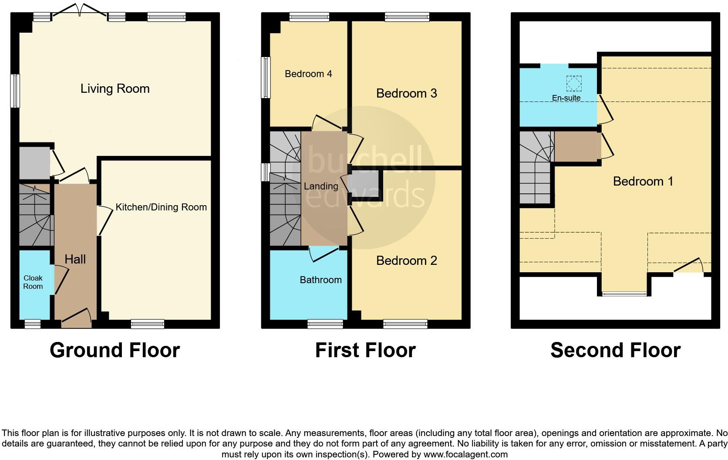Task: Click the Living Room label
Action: tap(115, 89)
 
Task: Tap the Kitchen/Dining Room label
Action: tap(161, 207)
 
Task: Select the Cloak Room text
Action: tap(33, 282)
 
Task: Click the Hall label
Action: tap(75, 260)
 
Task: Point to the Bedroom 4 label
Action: tap(308, 74)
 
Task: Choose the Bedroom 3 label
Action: tap(406, 94)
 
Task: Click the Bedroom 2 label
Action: tap(406, 261)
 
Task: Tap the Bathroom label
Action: tap(320, 280)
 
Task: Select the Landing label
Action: tap(321, 186)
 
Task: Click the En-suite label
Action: tap(566, 98)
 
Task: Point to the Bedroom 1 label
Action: tap(643, 181)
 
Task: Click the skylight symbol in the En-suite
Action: tap(573, 83)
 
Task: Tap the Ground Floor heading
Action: tap(115, 350)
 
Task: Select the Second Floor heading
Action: tap(615, 350)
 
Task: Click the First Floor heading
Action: tap(365, 350)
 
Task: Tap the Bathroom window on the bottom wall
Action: tap(325, 324)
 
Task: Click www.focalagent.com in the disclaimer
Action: tap(465, 454)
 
